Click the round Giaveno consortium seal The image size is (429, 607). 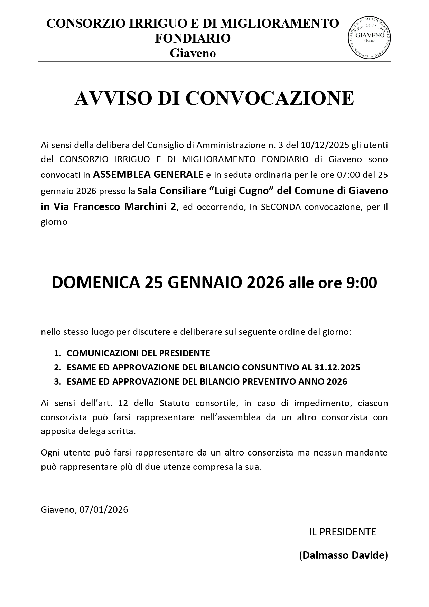(369, 37)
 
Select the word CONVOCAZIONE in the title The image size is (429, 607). (270, 98)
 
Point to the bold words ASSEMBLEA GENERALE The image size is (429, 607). (148, 175)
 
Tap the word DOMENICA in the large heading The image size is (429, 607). (96, 283)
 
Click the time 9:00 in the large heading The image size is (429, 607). (361, 283)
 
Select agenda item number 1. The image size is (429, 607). (132, 353)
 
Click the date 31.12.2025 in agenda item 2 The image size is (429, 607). (337, 367)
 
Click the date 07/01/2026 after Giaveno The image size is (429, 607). (104, 509)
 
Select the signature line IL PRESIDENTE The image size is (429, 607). (342, 532)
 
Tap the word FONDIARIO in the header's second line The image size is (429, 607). (193, 38)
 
